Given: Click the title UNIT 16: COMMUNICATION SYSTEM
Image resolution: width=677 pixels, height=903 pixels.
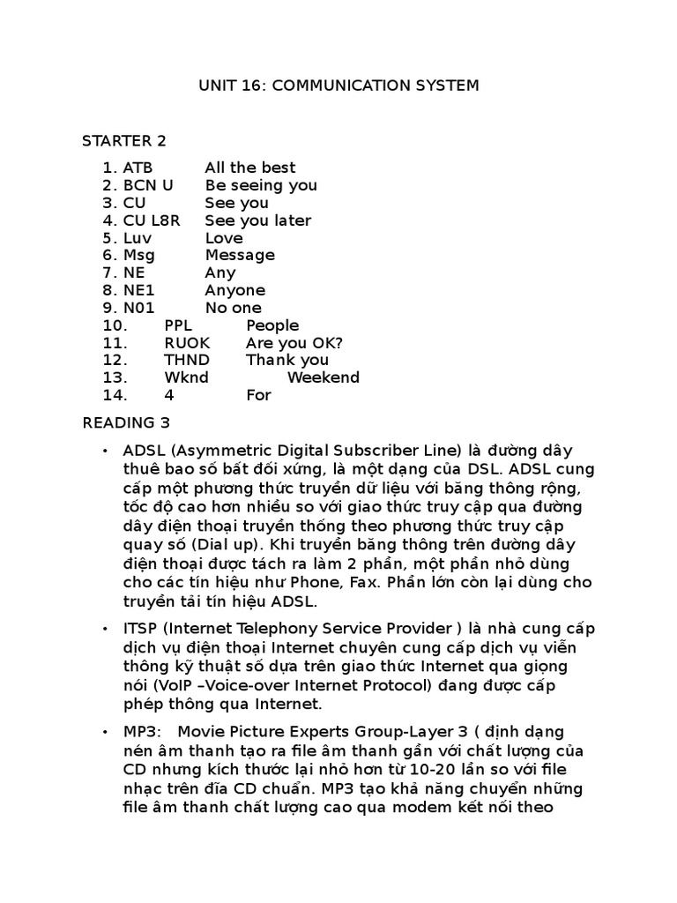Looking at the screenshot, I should (x=338, y=86).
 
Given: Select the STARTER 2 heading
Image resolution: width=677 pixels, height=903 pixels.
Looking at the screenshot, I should (x=124, y=140).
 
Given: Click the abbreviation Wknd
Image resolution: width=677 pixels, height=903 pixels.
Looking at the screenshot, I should (x=186, y=377).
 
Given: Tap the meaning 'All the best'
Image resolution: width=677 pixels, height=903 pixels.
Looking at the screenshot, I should (x=250, y=168).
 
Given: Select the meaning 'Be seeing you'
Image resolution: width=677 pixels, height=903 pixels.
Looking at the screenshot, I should (x=261, y=185).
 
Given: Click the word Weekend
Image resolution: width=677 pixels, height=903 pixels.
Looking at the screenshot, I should (x=324, y=377).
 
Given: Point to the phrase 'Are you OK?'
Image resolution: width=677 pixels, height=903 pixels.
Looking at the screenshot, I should (x=294, y=342).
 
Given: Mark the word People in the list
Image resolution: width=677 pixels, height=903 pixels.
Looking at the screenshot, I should (x=272, y=325).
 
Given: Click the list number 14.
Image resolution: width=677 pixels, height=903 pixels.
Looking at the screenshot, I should (x=115, y=395).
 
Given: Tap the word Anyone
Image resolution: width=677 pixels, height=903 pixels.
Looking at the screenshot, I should (x=234, y=290).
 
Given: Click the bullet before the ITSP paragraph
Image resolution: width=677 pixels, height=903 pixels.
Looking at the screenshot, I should (x=105, y=629).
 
